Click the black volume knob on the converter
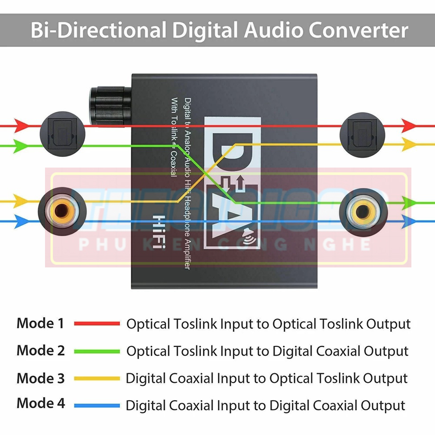pos(109,106)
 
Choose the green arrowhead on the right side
pos(410,203)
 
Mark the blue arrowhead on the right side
pos(410,221)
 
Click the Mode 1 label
pos(40,323)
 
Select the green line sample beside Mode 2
pos(97,351)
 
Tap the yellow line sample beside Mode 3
pos(97,378)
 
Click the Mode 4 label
pos(40,404)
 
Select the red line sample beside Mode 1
pos(97,324)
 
